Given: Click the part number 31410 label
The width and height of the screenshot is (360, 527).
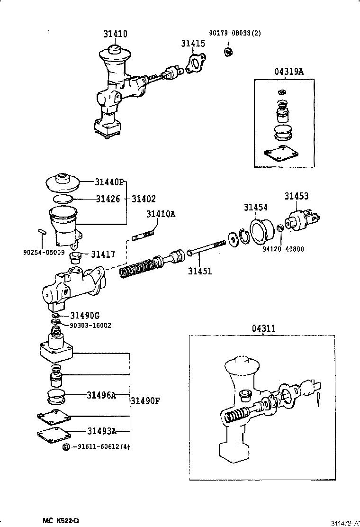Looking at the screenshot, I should (x=116, y=34).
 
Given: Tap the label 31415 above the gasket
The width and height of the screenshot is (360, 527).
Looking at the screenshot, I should (x=192, y=44).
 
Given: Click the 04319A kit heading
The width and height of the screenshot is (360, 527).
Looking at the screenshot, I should (x=288, y=72).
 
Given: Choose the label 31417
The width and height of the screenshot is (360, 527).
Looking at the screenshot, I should (x=103, y=254).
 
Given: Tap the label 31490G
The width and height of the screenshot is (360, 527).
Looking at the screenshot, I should (x=85, y=316).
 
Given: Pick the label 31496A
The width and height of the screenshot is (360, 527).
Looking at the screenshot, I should (x=101, y=394).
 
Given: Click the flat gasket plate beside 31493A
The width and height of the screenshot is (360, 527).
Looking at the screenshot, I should (x=53, y=433).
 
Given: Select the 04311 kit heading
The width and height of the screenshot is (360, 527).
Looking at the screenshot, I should (x=263, y=327).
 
